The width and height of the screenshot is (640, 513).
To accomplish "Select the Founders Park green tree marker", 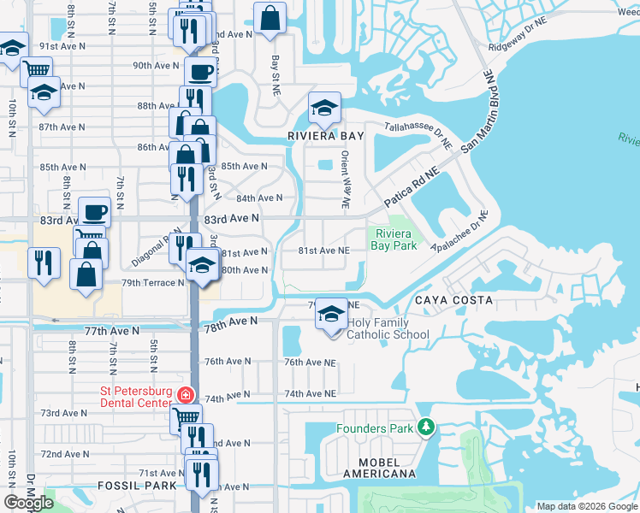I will [x=426, y=427].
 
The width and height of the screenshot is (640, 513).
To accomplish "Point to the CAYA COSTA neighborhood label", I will [x=453, y=300].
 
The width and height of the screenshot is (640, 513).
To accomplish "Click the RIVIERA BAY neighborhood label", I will [x=325, y=136].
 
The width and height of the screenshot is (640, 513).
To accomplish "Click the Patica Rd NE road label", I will [x=412, y=185].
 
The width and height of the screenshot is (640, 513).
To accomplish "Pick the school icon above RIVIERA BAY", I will [x=324, y=109].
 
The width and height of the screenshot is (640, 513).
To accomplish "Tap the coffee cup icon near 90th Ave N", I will [x=200, y=71].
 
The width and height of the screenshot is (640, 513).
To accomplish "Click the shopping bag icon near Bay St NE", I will [x=270, y=17].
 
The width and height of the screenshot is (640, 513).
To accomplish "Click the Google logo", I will [x=29, y=503].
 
